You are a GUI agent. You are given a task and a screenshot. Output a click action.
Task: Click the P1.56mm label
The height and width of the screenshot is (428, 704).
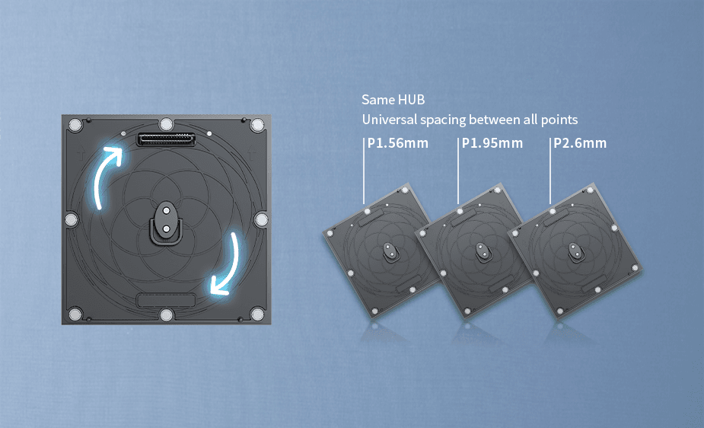398,143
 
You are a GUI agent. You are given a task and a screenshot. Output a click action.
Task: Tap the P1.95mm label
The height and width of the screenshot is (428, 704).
492,143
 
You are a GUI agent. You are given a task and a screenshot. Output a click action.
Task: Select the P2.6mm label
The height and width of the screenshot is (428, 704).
580,143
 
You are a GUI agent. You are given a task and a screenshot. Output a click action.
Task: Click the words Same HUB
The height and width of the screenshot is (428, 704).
393,100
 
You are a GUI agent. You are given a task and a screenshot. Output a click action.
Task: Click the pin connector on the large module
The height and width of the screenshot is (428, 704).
166,139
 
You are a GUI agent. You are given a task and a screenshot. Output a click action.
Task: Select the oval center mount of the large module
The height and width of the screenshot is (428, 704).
166,222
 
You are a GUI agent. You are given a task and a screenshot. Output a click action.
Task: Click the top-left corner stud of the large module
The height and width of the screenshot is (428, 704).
75,124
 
